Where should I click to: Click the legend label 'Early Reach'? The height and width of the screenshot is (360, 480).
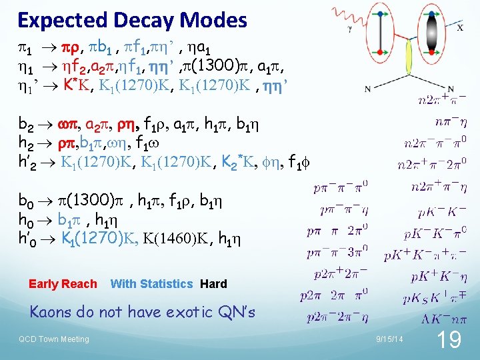[63, 284]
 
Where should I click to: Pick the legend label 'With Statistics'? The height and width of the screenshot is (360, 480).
[151, 284]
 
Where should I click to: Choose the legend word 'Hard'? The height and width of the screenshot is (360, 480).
[213, 284]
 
